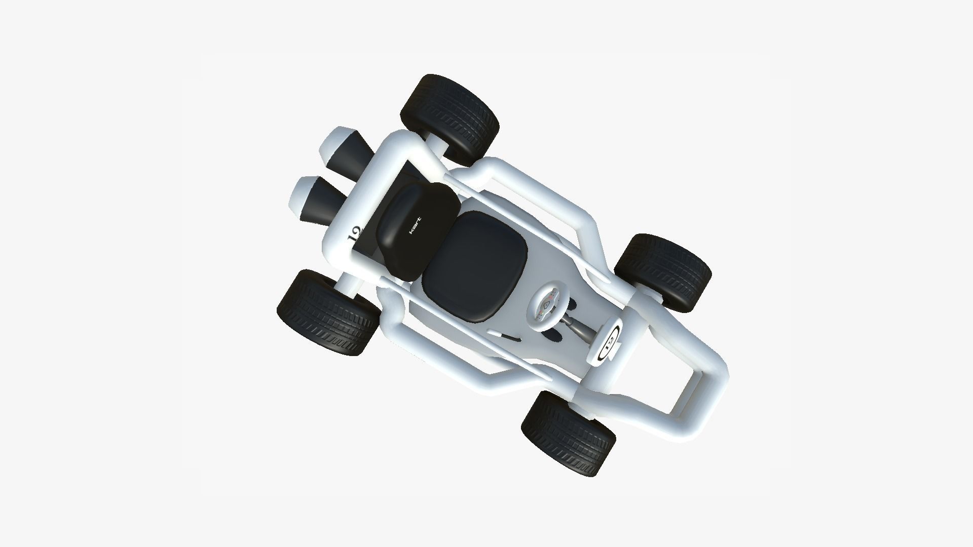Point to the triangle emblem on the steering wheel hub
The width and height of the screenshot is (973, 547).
546,306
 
